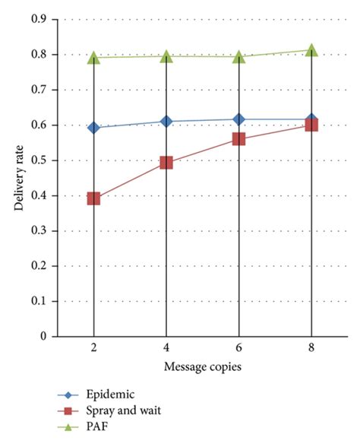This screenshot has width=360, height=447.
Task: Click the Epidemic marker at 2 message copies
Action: point(93,128)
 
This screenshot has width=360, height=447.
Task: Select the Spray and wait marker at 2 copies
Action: point(93,198)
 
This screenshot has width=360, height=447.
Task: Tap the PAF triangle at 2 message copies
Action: point(93,58)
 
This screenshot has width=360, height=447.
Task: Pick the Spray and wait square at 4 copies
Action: point(166,163)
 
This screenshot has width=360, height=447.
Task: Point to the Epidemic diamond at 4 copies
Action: point(166,122)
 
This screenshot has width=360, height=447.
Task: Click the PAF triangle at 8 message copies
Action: point(311,50)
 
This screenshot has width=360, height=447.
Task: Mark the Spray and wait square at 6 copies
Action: point(238,139)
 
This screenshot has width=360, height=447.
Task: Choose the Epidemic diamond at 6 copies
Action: point(238,119)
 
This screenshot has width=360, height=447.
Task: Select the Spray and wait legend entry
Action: point(122,411)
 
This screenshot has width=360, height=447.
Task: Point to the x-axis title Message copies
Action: point(202,369)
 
